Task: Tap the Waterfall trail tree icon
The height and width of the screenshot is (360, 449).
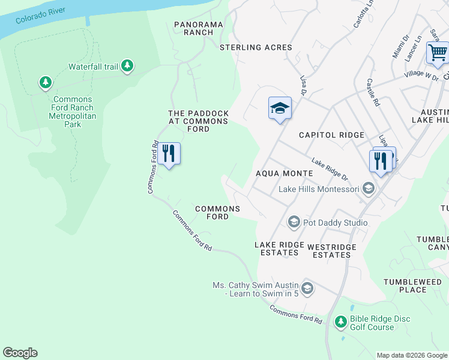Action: (127, 66)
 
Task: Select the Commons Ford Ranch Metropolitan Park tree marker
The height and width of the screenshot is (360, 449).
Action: (45, 82)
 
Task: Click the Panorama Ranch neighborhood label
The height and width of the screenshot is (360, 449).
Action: (199, 28)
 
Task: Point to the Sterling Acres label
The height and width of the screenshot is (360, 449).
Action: (256, 47)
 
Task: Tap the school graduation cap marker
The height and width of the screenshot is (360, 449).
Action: (279, 109)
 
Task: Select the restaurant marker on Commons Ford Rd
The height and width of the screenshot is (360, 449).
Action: (169, 154)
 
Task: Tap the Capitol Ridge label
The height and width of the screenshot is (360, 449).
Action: (332, 135)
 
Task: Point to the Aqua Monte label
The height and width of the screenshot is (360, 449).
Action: (285, 173)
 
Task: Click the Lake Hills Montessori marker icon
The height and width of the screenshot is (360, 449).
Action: (367, 190)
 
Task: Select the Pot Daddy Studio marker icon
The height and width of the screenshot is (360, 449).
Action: (294, 223)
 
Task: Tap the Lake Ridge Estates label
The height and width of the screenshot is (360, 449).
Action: (277, 249)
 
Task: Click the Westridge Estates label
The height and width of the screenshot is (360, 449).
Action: (332, 251)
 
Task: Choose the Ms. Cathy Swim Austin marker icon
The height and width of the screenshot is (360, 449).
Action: (307, 289)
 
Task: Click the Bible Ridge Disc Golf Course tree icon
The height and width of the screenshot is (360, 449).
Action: (341, 323)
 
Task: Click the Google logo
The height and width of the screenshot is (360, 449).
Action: (20, 353)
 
